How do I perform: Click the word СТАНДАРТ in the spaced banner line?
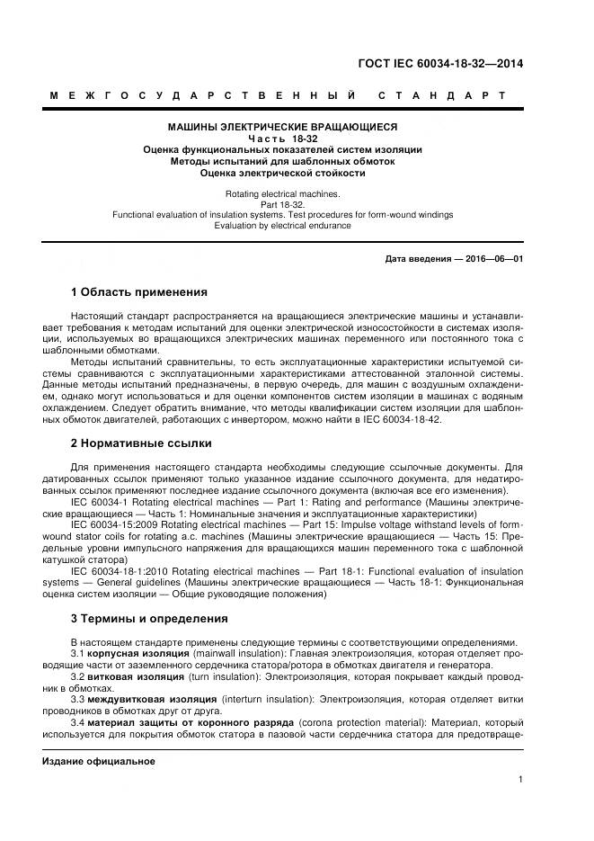[440, 95]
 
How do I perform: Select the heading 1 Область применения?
[138, 292]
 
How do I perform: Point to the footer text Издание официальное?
[99, 761]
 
